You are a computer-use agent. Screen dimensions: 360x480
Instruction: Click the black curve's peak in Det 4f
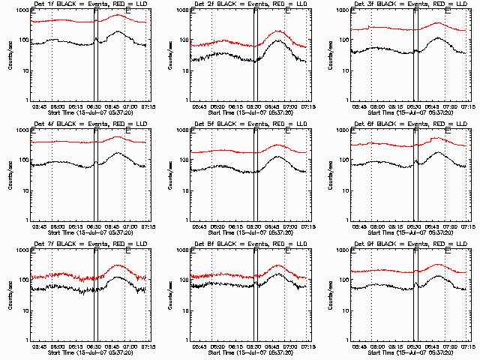[118, 153]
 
